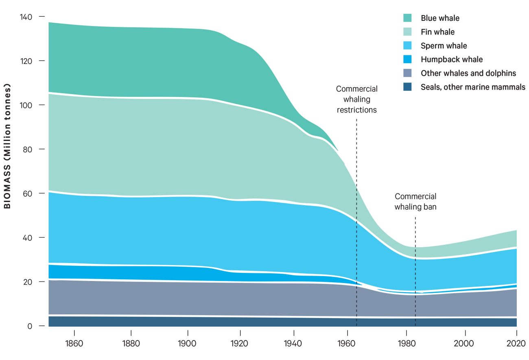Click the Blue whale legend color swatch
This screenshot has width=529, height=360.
[x=407, y=18]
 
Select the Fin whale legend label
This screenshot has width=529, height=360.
[x=437, y=32]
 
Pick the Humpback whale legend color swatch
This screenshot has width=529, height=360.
[x=407, y=59]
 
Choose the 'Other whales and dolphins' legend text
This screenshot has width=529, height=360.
[x=468, y=73]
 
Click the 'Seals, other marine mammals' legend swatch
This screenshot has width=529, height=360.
[x=407, y=87]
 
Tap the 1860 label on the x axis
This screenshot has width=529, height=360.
[x=74, y=343]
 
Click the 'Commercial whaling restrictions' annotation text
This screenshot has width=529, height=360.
[x=357, y=99]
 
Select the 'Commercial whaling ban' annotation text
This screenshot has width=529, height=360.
[x=415, y=202]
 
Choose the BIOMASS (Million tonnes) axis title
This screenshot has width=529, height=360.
[x=7, y=146]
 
